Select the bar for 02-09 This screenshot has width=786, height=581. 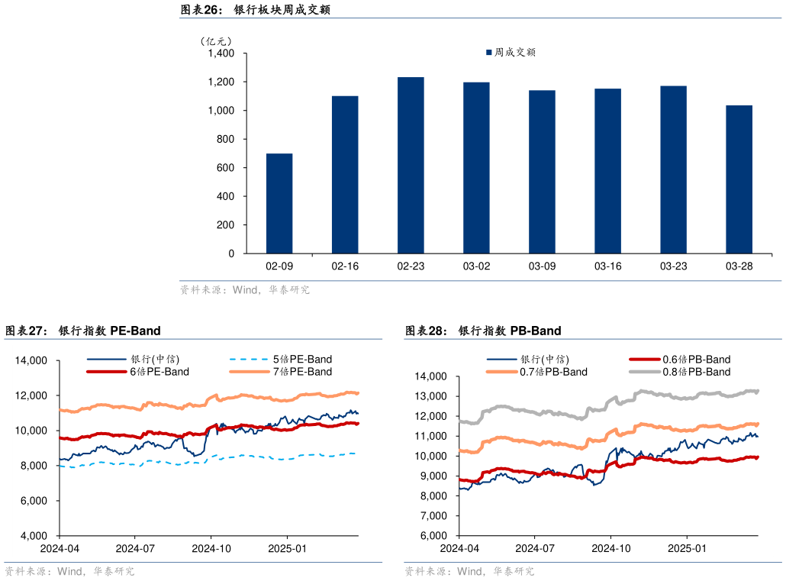coord(279,203)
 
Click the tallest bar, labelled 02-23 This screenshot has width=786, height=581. coord(411,165)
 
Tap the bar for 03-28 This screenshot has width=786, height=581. coord(739,179)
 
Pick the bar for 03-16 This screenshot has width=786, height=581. coord(607,171)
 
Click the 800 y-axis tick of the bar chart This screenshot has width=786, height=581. coord(225,139)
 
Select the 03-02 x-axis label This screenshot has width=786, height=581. coord(476,266)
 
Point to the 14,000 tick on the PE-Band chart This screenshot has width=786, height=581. coord(32,360)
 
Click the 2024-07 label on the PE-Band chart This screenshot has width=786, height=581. coord(135,548)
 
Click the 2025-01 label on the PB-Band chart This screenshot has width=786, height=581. coord(685,548)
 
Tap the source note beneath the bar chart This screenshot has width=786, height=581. coord(244,290)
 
